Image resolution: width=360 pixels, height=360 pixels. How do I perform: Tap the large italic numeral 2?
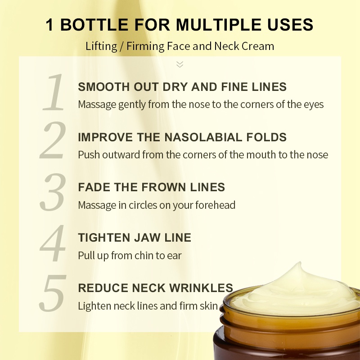coord(53,140)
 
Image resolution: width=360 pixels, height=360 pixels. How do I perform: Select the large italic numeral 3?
coord(53,192)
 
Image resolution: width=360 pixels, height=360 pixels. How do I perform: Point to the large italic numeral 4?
coord(53,243)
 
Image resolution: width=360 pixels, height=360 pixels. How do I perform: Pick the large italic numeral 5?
coord(53,293)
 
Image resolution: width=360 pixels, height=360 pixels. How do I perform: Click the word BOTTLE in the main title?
coord(94,25)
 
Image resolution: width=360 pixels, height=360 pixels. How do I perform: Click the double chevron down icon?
coord(180,64)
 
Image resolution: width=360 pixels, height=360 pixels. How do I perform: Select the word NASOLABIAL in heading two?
coord(203,137)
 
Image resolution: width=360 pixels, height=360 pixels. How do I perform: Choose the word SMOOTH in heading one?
coord(104,87)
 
